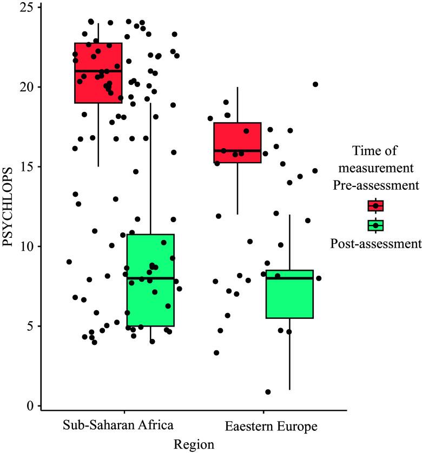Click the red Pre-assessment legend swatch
pyautogui.click(x=375, y=206)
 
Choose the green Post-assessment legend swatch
pyautogui.click(x=375, y=225)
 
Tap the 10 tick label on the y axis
pyautogui.click(x=27, y=247)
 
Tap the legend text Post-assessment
pyautogui.click(x=375, y=244)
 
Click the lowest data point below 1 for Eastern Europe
pyautogui.click(x=268, y=392)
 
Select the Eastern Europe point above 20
pyautogui.click(x=315, y=84)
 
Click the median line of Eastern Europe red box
pyautogui.click(x=238, y=151)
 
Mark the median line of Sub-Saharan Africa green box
pyautogui.click(x=150, y=278)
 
